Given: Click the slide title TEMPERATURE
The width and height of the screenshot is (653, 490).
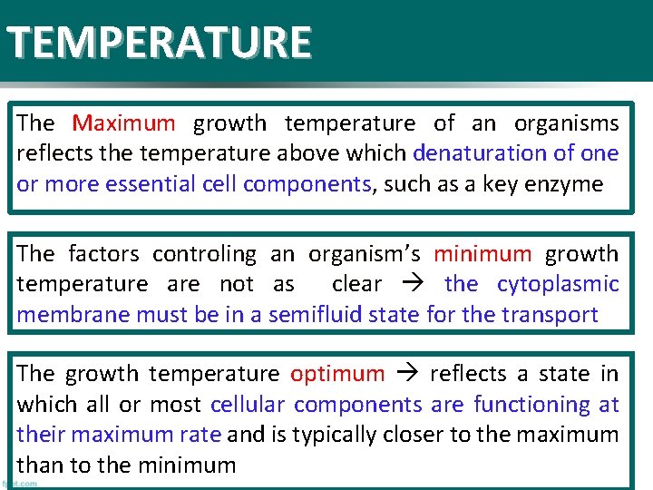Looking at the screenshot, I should [x=160, y=42].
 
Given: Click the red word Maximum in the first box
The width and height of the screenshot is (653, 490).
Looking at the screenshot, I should [x=123, y=123].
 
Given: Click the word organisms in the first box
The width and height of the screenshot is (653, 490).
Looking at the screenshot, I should [x=566, y=123].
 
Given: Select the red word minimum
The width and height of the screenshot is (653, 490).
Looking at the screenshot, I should [x=482, y=254].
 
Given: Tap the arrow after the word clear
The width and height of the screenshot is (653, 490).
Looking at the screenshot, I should [x=413, y=285].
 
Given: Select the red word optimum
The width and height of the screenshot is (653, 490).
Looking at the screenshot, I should [x=337, y=374].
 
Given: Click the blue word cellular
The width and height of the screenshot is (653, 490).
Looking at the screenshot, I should [x=248, y=405].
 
